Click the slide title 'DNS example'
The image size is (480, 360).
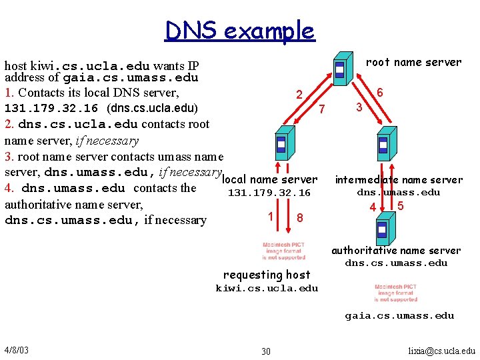point(240,31)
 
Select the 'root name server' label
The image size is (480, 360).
point(413,62)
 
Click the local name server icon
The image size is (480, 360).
point(281,145)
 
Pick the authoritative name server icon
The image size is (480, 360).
point(381,230)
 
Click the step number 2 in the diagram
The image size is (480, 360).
point(300,95)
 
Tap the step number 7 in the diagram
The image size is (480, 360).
point(322,109)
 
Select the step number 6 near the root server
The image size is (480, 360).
point(380,93)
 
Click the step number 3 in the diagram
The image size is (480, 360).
point(359,107)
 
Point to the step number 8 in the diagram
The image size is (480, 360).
point(300,217)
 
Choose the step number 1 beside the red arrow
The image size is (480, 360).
point(270,216)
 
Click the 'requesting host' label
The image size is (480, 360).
point(267,275)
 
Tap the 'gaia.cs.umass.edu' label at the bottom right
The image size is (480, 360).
point(399,315)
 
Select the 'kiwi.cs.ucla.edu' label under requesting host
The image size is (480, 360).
point(267,289)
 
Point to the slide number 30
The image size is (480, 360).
point(266,351)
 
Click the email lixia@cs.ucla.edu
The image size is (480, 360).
point(441,351)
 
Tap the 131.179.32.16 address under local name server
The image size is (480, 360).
point(269,193)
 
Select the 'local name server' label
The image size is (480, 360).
point(269,179)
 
